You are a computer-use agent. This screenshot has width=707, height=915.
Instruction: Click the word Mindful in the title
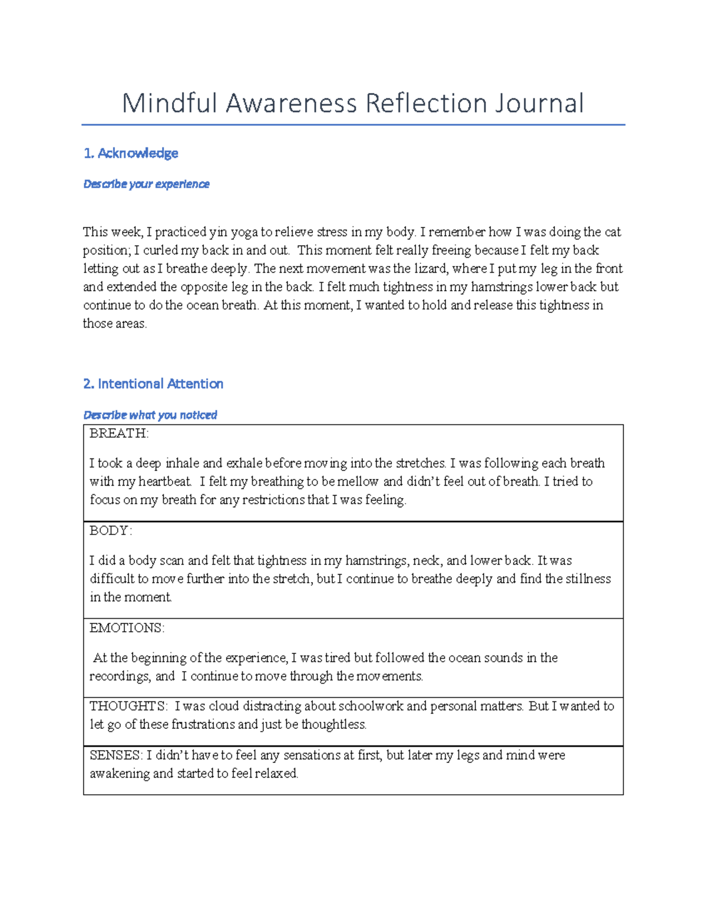pyautogui.click(x=170, y=103)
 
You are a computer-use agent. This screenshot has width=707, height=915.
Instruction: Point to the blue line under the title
pyautogui.click(x=353, y=125)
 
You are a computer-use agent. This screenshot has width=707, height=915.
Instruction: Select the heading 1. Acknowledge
pyautogui.click(x=131, y=153)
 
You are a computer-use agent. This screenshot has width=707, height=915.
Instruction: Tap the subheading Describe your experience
pyautogui.click(x=146, y=184)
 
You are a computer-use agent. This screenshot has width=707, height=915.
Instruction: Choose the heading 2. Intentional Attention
pyautogui.click(x=153, y=384)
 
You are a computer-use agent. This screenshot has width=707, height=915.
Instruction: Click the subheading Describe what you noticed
pyautogui.click(x=150, y=415)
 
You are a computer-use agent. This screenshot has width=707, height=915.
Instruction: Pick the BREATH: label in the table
pyautogui.click(x=119, y=434)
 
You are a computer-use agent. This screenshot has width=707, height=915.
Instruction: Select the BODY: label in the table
pyautogui.click(x=111, y=531)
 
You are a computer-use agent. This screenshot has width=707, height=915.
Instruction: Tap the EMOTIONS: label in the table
pyautogui.click(x=127, y=628)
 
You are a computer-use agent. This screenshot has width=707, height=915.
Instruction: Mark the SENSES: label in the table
pyautogui.click(x=115, y=755)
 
